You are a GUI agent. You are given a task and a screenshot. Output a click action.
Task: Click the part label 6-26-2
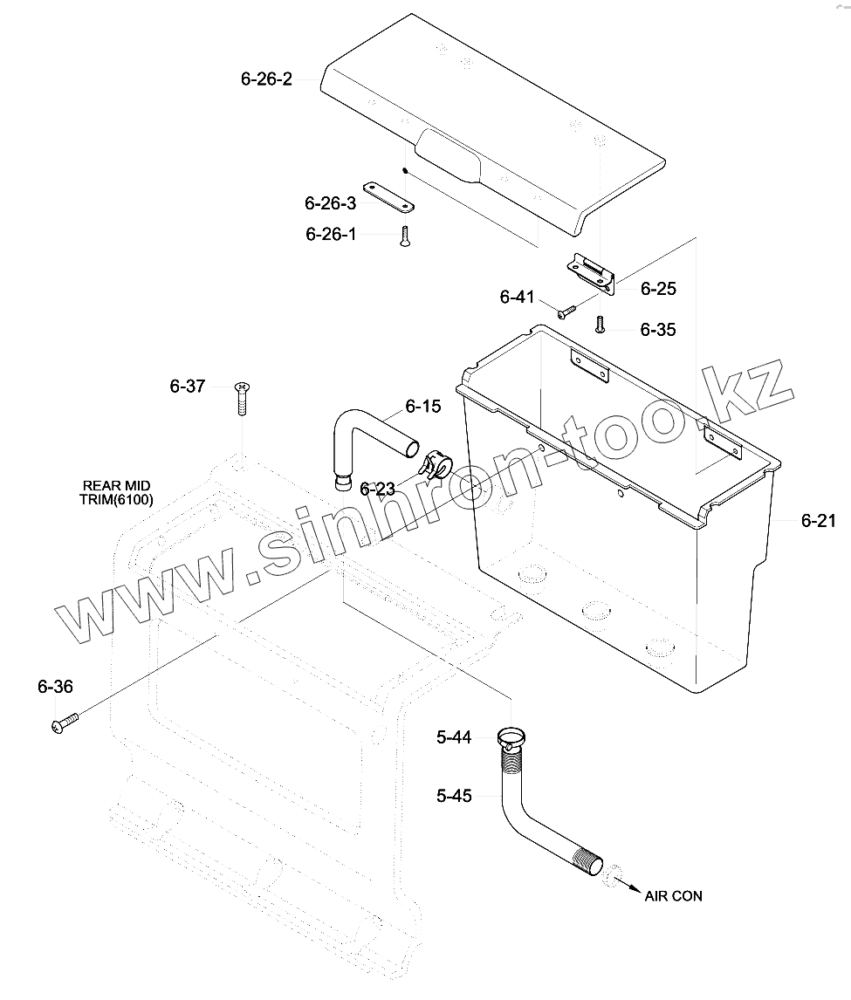pyautogui.click(x=266, y=79)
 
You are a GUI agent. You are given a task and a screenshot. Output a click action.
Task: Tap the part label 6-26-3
pyautogui.click(x=330, y=203)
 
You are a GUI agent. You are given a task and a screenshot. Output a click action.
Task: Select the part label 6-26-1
pyautogui.click(x=331, y=234)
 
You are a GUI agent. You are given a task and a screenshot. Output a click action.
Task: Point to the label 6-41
pyautogui.click(x=517, y=297)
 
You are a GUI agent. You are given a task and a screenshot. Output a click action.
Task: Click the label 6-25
pyautogui.click(x=658, y=288)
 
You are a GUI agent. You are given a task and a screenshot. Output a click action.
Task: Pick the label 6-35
pyautogui.click(x=657, y=330)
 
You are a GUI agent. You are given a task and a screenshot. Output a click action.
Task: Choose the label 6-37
pyautogui.click(x=188, y=386)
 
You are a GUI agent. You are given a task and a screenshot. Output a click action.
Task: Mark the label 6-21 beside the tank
pyautogui.click(x=819, y=521)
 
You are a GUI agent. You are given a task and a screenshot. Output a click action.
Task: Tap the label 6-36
pyautogui.click(x=55, y=687)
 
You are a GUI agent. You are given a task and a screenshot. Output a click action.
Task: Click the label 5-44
pyautogui.click(x=454, y=738)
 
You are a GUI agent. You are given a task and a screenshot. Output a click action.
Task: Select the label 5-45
pyautogui.click(x=454, y=795)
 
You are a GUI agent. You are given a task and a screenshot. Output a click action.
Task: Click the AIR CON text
pyautogui.click(x=673, y=896)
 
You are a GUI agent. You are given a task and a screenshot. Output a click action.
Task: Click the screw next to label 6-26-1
pyautogui.click(x=404, y=236)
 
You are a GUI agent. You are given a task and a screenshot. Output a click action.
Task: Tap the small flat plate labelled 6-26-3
pyautogui.click(x=389, y=196)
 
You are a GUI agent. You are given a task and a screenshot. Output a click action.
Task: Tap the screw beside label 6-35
pyautogui.click(x=600, y=325)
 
